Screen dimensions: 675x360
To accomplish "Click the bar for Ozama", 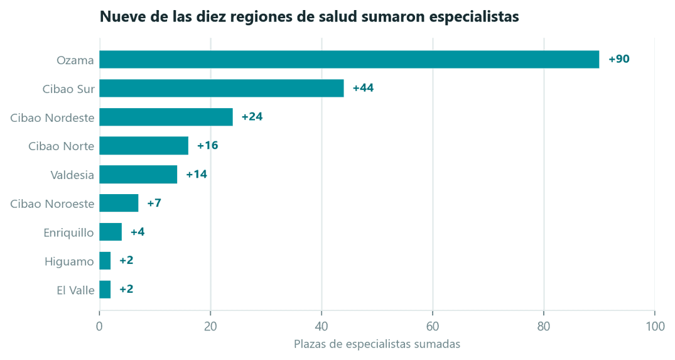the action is coord(349,60).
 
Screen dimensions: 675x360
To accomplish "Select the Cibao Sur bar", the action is coord(222,89).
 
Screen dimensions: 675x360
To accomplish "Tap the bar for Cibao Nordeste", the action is coord(166,117).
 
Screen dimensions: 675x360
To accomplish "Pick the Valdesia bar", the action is coord(138,175).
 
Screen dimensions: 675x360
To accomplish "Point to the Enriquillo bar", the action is coord(111,232).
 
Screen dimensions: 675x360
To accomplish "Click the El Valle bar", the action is coord(105,290).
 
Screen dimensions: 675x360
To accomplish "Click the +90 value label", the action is coord(619,59).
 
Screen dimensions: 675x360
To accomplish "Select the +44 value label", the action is coord(364,88).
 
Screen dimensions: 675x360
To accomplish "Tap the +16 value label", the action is coord(207,146).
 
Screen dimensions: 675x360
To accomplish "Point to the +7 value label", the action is coord(154,203).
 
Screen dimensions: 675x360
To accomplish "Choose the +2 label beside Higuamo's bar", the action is coord(127,261).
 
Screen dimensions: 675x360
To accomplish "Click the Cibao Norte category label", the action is coord(61,146).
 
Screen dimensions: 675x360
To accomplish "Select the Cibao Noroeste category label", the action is coord(52,204).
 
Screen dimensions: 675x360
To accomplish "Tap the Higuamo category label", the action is coord(69,262).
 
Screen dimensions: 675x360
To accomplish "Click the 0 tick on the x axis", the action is coord(99,327).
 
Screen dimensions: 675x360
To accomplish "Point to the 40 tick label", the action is coord(321,327).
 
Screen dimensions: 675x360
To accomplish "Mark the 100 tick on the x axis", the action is coord(655,327).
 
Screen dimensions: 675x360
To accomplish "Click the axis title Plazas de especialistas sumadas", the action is coord(377,344).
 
